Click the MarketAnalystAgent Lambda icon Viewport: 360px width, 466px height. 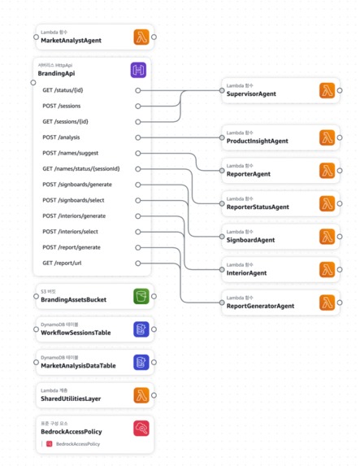142,37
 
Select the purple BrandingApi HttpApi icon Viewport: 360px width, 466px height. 139,70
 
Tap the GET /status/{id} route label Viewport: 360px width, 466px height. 63,90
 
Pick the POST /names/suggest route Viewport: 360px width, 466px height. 70,153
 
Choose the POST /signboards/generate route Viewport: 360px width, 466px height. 76,185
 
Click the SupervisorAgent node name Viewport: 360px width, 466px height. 251,94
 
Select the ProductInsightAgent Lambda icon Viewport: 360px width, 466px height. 327,137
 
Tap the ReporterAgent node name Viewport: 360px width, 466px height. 249,174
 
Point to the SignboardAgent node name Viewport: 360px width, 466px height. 251,241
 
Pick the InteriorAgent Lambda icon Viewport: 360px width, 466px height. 327,269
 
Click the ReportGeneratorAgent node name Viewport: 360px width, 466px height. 260,307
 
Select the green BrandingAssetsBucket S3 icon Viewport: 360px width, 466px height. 142,296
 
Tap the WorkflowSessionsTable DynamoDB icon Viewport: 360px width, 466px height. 142,329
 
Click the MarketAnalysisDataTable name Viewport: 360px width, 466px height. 78,366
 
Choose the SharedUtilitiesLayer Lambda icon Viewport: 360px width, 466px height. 142,395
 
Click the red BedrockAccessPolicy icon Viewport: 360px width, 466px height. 142,429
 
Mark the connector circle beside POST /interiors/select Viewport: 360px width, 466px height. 138,232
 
